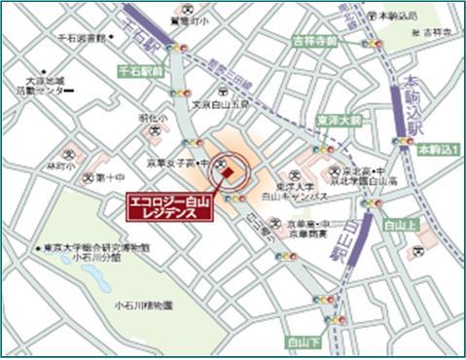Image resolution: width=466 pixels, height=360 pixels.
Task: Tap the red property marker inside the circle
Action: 227,173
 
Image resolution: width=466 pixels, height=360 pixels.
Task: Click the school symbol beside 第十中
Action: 89,177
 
